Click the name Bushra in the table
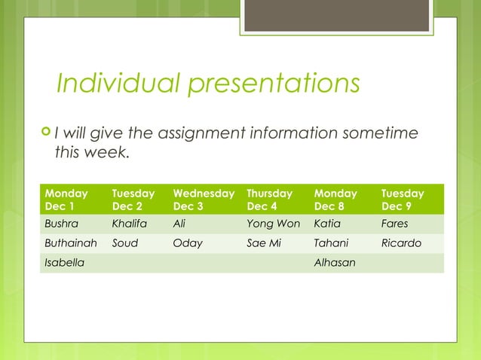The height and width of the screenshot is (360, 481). coord(61,224)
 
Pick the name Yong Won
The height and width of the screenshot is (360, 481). coord(273,224)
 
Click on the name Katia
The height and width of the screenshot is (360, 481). coord(327,224)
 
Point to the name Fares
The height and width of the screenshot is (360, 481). coord(394,224)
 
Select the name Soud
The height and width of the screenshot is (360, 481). coord(124,243)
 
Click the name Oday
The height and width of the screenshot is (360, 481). coord(188,243)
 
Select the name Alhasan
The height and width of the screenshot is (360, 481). coord(334,263)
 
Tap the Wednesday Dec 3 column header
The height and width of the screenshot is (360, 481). coord(203,200)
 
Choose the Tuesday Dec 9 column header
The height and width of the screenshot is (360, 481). coord(403,200)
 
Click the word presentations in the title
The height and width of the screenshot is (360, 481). coord(274,84)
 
